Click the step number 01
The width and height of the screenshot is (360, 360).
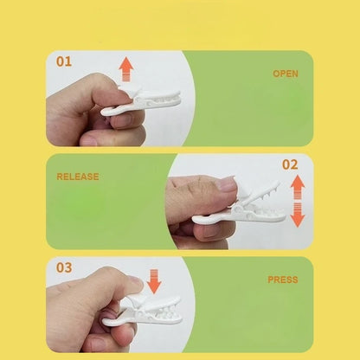pyautogui.click(x=64, y=61)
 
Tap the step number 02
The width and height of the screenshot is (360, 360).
pyautogui.click(x=290, y=164)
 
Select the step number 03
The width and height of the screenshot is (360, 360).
pyautogui.click(x=64, y=267)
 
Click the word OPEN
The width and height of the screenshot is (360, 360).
pyautogui.click(x=286, y=74)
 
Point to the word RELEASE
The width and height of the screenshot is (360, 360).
pyautogui.click(x=78, y=177)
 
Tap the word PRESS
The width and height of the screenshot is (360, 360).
pyautogui.click(x=283, y=280)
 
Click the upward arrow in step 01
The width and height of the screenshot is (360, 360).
pyautogui.click(x=126, y=68)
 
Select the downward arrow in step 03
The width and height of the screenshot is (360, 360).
pyautogui.click(x=154, y=281)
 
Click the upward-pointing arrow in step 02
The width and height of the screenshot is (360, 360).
pyautogui.click(x=298, y=187)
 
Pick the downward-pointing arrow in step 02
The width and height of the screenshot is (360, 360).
pyautogui.click(x=298, y=215)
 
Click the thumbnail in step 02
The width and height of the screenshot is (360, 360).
pyautogui.click(x=228, y=184)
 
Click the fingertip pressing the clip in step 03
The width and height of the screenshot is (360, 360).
pyautogui.click(x=136, y=283)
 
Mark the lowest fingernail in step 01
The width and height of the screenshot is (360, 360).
pyautogui.click(x=89, y=141)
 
